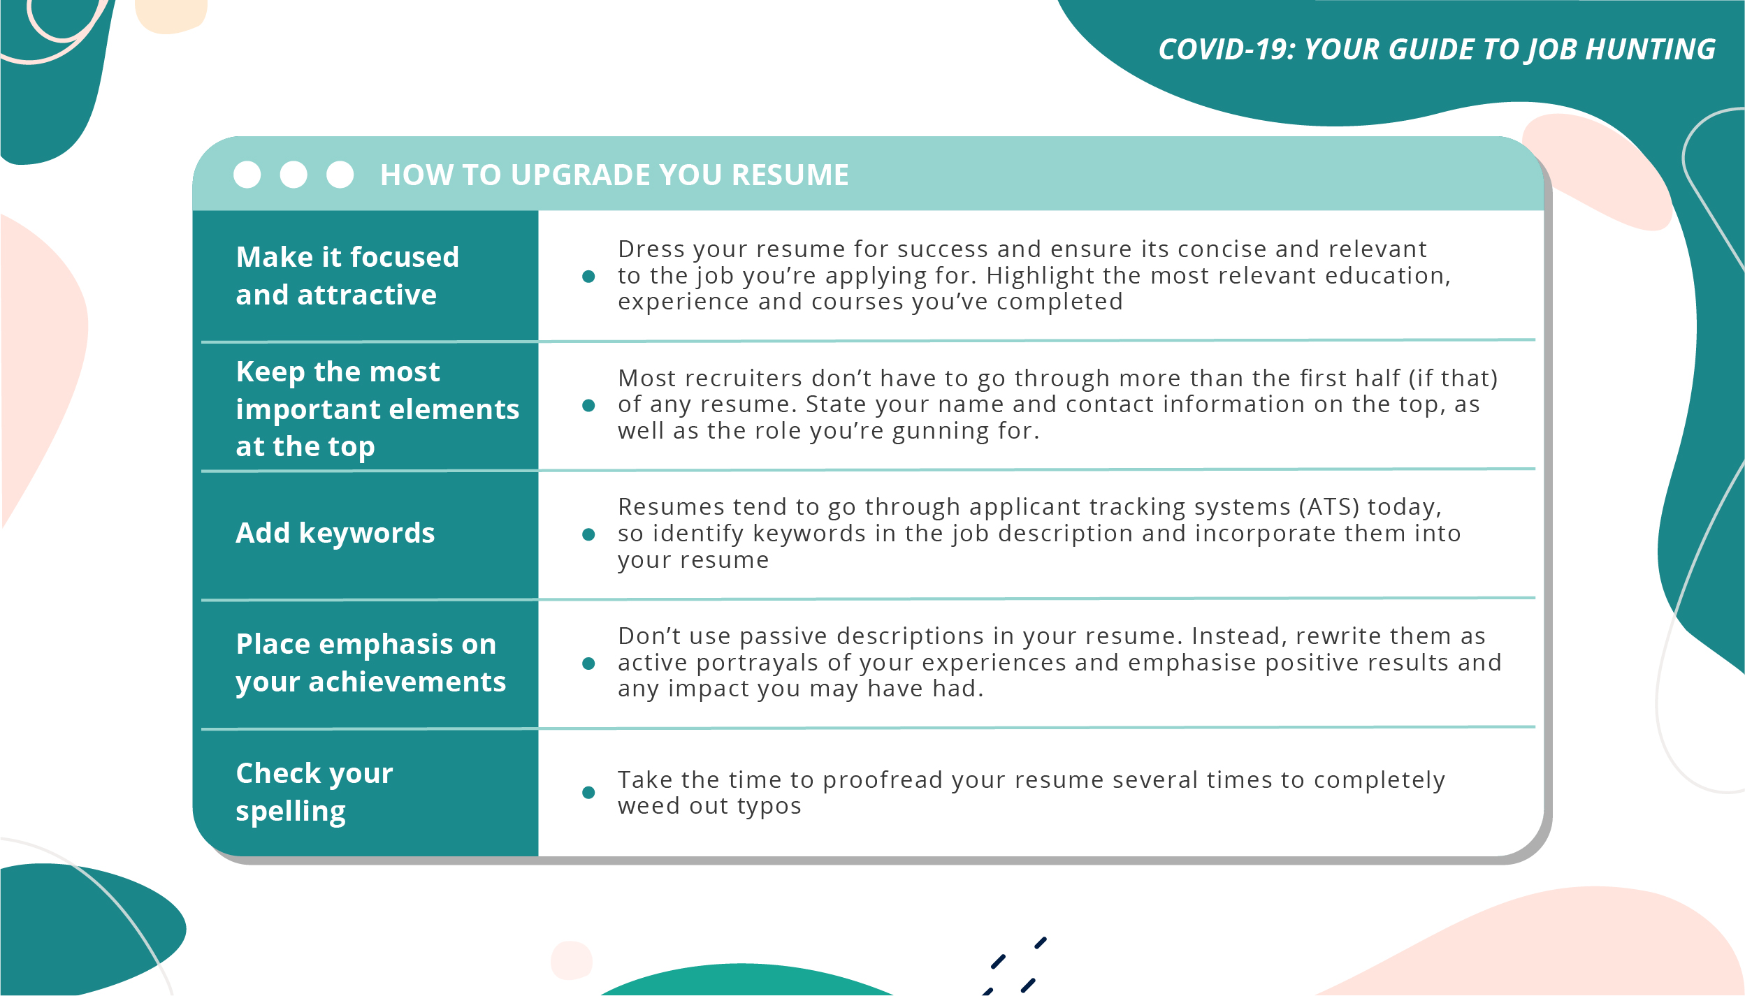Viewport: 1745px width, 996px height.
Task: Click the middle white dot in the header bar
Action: (294, 175)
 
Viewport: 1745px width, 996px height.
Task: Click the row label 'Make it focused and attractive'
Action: (347, 276)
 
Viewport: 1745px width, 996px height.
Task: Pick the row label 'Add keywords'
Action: (335, 533)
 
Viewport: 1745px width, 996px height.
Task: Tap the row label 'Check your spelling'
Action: (314, 791)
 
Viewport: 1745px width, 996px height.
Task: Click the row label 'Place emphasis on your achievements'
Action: (370, 662)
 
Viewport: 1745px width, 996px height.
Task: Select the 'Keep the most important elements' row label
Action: (377, 409)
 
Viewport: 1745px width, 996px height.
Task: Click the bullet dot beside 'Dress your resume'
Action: (588, 277)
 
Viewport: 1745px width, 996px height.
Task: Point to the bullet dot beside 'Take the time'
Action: (588, 792)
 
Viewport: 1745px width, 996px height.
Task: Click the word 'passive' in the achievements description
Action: (783, 636)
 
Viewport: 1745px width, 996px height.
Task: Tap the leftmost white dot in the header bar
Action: (247, 175)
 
